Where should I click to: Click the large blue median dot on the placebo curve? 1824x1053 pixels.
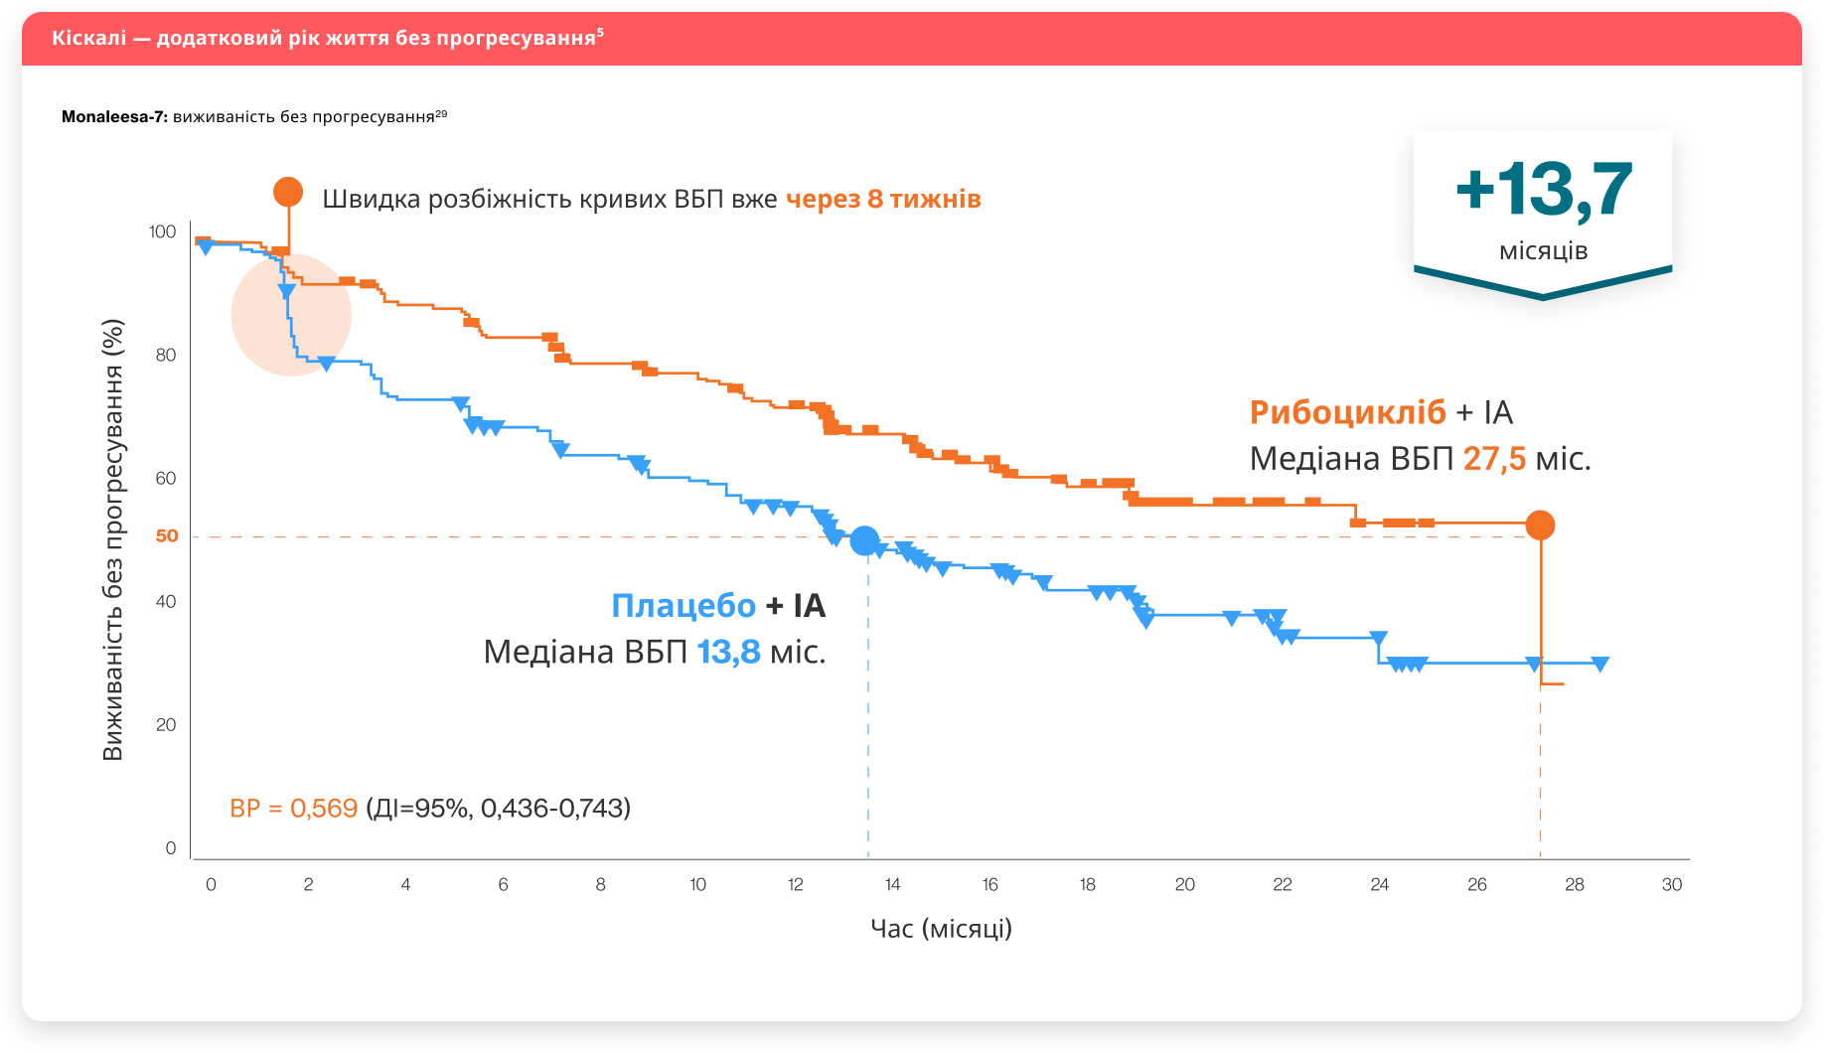coord(865,541)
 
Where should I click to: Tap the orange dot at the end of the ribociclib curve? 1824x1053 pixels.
coord(1540,526)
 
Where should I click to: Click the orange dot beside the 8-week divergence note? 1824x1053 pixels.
coord(288,192)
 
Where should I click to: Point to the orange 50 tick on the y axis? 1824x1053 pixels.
coord(167,536)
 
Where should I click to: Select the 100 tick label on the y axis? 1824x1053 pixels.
coord(162,231)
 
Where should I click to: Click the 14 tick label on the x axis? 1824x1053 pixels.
coord(893,885)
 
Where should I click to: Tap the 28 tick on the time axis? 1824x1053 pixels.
coord(1575,885)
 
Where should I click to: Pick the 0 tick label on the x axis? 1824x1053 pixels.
coord(211,885)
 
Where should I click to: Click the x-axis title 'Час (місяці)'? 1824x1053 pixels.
coord(941,929)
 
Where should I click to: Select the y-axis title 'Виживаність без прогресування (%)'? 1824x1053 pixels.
coord(113,540)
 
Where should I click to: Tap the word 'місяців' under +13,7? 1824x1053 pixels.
coord(1543,251)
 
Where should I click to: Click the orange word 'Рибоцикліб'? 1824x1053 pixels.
coord(1347,412)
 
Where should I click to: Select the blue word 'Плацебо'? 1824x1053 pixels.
coord(684,605)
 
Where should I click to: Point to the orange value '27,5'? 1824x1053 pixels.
coord(1494,459)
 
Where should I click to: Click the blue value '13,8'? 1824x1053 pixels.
coord(728,653)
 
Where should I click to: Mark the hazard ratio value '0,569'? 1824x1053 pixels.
coord(324,809)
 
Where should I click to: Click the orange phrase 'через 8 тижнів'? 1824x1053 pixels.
coord(883,200)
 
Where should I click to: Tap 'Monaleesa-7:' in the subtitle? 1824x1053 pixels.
coord(114,117)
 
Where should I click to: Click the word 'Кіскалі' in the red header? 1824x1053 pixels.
coord(89,39)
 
